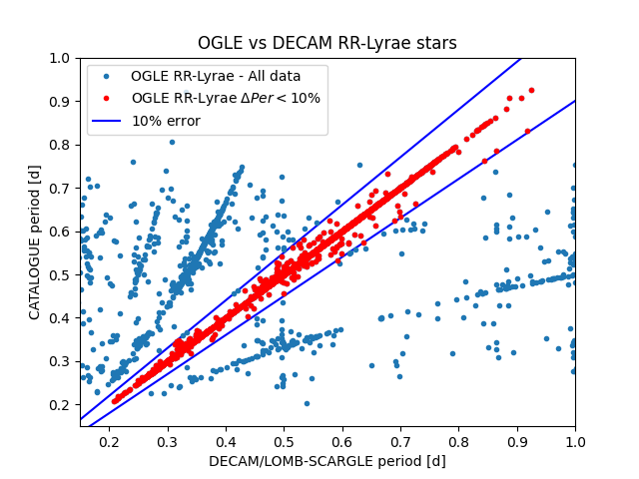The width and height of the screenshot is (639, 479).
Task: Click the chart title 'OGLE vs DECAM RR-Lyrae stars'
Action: pyautogui.click(x=326, y=43)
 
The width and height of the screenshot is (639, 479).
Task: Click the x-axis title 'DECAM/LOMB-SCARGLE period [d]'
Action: pyautogui.click(x=327, y=461)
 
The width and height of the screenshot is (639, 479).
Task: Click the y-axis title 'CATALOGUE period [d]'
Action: pyautogui.click(x=34, y=242)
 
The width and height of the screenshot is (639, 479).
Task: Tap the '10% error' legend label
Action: pyautogui.click(x=167, y=121)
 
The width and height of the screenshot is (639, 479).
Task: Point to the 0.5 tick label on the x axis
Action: pyautogui.click(x=284, y=442)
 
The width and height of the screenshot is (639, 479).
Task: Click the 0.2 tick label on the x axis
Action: pyautogui.click(x=109, y=442)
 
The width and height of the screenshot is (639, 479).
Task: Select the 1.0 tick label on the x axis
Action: pyautogui.click(x=575, y=442)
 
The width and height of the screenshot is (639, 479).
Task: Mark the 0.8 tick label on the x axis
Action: pyautogui.click(x=459, y=442)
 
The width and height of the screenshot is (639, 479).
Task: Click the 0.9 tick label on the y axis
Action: pyautogui.click(x=60, y=102)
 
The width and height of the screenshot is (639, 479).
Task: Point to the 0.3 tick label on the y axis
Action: pyautogui.click(x=60, y=361)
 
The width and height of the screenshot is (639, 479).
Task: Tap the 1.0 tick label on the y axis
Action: pyautogui.click(x=60, y=58)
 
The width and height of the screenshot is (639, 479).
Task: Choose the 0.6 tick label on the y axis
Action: pyautogui.click(x=60, y=232)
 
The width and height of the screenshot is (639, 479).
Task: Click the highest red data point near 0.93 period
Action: pyautogui.click(x=531, y=91)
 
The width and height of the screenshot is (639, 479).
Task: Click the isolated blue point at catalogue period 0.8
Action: pyautogui.click(x=172, y=142)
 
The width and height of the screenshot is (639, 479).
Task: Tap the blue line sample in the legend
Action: pyautogui.click(x=107, y=121)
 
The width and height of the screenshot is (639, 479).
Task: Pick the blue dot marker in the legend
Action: pyautogui.click(x=107, y=76)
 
